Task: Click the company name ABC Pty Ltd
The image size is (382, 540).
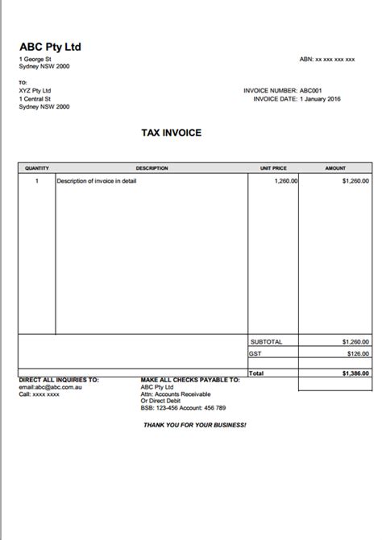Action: pos(49,47)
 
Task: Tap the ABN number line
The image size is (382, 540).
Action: pos(326,60)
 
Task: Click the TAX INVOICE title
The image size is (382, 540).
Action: pos(171,132)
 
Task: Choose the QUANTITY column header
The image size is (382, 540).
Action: pos(36,168)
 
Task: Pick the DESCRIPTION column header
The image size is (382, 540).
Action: pos(152,168)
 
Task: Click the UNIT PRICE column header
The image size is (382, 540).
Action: pos(273,168)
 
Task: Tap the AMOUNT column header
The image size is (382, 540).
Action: pos(335,168)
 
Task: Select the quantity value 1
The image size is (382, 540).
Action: pos(36,181)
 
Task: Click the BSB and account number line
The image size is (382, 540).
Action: pos(183,407)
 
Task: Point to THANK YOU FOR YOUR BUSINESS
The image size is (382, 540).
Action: pos(194,424)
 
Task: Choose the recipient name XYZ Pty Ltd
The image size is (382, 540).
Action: pos(35,91)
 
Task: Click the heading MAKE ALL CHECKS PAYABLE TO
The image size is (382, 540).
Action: pos(190,379)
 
